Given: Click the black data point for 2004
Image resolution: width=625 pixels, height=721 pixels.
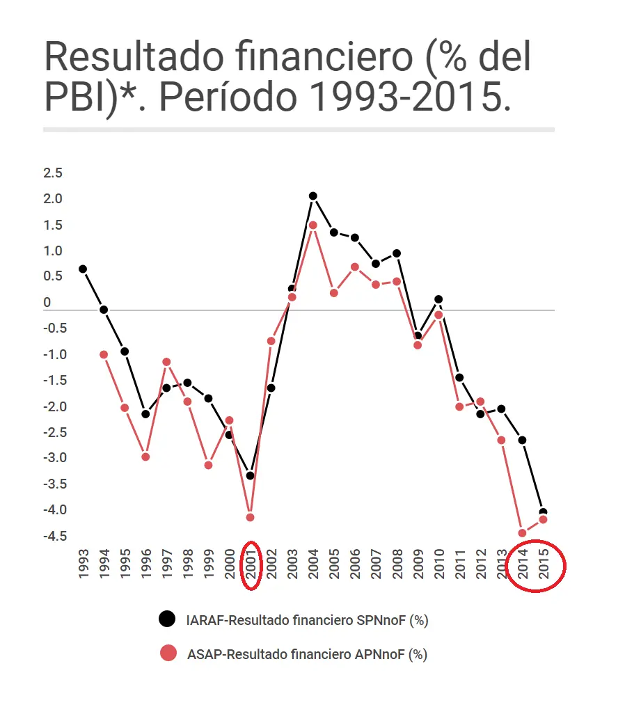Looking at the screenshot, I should [313, 196].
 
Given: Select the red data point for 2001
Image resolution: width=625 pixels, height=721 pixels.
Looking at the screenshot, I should [251, 517].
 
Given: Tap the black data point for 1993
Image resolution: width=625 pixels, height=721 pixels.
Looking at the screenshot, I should [83, 269].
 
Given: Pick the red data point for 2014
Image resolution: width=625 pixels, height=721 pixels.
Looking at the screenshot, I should [522, 533].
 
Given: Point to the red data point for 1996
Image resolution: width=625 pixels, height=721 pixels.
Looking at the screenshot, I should [145, 457].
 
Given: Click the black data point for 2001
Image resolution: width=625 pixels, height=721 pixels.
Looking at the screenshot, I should [251, 476].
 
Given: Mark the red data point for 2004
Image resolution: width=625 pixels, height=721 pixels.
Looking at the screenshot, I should [313, 225].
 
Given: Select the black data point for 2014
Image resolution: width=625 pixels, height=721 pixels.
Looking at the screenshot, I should [522, 441].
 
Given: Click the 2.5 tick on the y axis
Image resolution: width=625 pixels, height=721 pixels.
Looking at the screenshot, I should [53, 173].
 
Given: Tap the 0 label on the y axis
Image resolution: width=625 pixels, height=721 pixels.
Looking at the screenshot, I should [47, 303].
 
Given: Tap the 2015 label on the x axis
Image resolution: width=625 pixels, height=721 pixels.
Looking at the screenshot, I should [543, 564].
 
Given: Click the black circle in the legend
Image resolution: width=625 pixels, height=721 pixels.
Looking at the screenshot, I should [167, 619].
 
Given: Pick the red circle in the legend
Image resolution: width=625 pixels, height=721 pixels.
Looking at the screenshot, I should [167, 653].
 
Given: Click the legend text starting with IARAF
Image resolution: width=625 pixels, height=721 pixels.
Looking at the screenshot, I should [307, 620].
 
